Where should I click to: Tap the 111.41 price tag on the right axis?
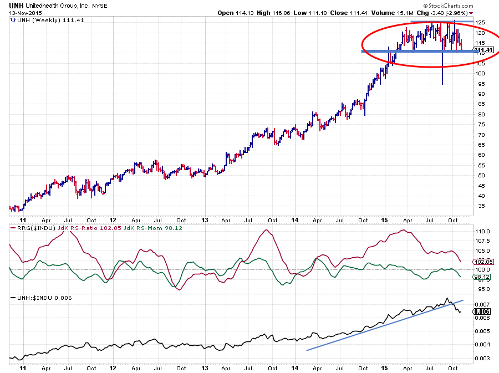[484, 50]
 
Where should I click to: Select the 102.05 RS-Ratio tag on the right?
[484, 262]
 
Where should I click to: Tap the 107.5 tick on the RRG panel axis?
[482, 241]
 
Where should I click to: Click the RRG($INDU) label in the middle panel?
[29, 228]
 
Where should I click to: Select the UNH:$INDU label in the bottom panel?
[30, 298]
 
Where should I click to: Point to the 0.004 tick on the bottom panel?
[482, 345]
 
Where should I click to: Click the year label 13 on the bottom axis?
[205, 367]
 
